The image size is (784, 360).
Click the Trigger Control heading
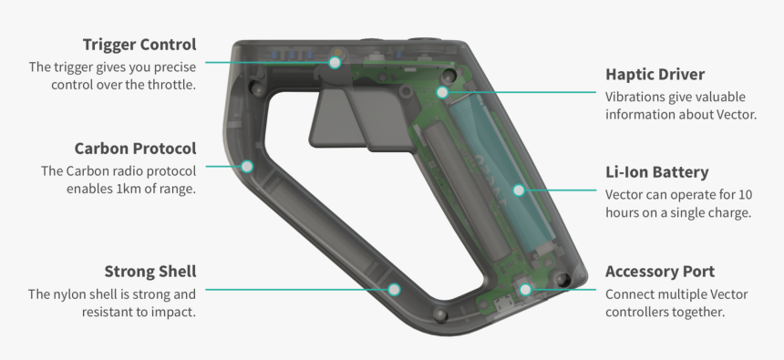[139, 45]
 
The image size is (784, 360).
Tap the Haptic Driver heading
[655, 75]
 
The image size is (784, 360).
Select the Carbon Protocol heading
[136, 149]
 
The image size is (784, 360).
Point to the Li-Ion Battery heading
[657, 172]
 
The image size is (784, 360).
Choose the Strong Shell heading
[150, 272]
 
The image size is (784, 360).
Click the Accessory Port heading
[660, 272]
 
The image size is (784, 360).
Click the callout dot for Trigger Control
[335, 63]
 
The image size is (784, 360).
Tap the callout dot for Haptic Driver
[442, 92]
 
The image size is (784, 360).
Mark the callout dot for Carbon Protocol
[247, 167]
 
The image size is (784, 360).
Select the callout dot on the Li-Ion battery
[519, 190]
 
